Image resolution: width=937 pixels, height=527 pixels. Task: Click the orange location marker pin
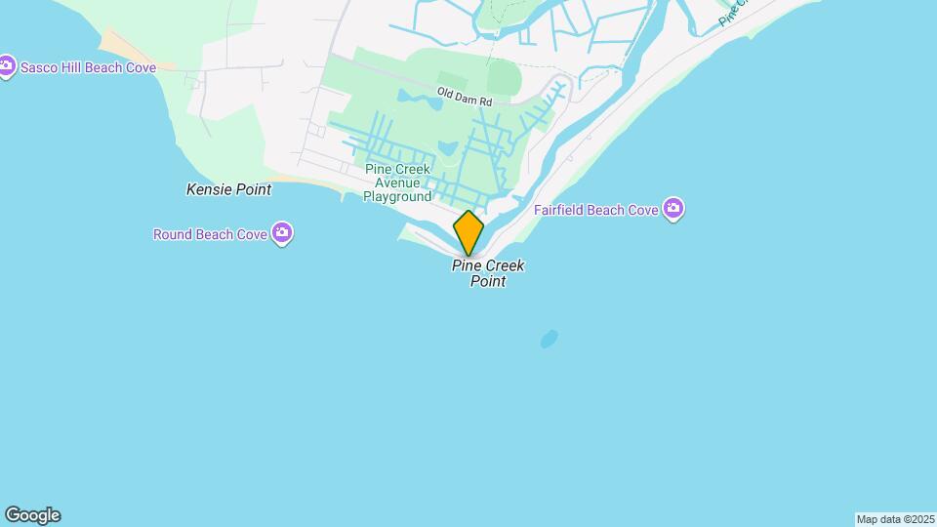[468, 232]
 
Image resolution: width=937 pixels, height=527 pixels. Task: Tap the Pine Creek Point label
[488, 273]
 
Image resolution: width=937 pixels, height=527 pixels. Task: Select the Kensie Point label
[228, 189]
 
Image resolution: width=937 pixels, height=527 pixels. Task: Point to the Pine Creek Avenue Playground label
[397, 182]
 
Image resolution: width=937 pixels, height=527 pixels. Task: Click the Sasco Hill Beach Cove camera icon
[7, 66]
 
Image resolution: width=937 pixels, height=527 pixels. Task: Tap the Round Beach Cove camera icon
[282, 233]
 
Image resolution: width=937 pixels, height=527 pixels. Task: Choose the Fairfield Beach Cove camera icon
[672, 209]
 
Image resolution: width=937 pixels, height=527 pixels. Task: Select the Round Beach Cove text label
[210, 234]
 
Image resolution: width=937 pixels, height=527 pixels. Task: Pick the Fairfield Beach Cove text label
[595, 210]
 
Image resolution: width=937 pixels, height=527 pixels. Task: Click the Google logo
[32, 515]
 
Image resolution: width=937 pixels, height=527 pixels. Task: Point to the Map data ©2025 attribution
[895, 519]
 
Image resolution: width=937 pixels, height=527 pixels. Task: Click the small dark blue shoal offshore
[549, 339]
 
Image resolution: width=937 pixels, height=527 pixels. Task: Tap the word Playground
[397, 196]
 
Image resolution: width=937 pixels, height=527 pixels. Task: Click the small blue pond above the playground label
[448, 148]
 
